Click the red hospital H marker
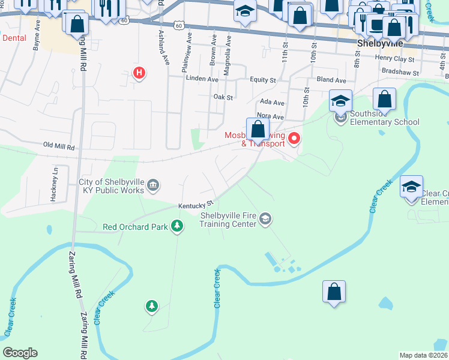pos(139,74)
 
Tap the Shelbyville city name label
pos(379,44)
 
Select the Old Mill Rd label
pos(59,146)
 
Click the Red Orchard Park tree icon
pos(177,226)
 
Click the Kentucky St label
pos(195,205)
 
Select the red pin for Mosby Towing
pos(294,139)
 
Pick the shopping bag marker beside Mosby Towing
pos(258,128)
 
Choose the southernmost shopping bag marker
pos(334,292)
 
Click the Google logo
pos(20,353)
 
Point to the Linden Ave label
pos(202,79)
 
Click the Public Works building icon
pos(153,185)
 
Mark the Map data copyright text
pos(423,355)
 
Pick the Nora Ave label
pos(270,116)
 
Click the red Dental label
pos(14,37)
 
